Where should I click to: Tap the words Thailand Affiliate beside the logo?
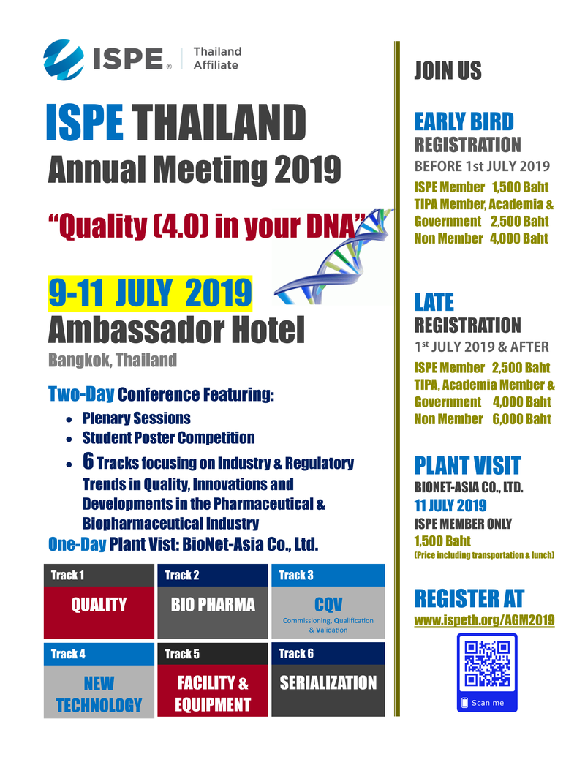click(x=216, y=58)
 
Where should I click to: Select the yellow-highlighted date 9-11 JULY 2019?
click(x=150, y=293)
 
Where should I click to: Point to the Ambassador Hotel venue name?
click(x=175, y=331)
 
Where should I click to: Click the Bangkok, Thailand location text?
click(x=113, y=360)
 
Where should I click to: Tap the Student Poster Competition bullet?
click(x=168, y=438)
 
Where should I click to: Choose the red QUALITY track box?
click(x=99, y=605)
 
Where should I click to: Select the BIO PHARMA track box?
click(x=213, y=605)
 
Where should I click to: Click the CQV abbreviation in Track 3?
click(x=328, y=605)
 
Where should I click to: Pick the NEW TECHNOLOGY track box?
click(x=99, y=694)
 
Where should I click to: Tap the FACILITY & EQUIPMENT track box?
click(x=213, y=694)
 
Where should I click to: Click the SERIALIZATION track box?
click(x=328, y=683)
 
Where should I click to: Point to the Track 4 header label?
click(x=68, y=654)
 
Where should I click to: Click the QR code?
click(x=487, y=664)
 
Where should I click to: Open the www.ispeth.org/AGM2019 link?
click(x=484, y=620)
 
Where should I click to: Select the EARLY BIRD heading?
click(x=464, y=121)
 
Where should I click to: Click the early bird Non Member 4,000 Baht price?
click(x=480, y=238)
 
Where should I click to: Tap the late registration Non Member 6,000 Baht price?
click(x=482, y=419)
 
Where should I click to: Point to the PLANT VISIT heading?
click(x=467, y=465)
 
